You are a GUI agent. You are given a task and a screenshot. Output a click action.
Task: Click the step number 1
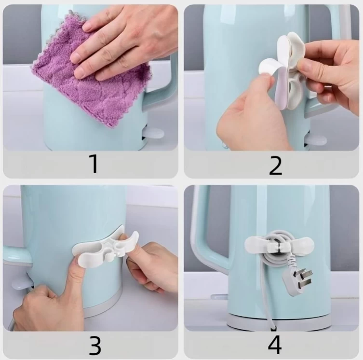pyautogui.click(x=94, y=164)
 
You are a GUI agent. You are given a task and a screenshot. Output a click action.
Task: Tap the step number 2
pyautogui.click(x=275, y=166)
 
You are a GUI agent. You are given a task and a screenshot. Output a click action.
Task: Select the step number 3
pyautogui.click(x=95, y=346)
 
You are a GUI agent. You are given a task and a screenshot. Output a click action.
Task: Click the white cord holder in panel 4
pyautogui.click(x=279, y=245)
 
